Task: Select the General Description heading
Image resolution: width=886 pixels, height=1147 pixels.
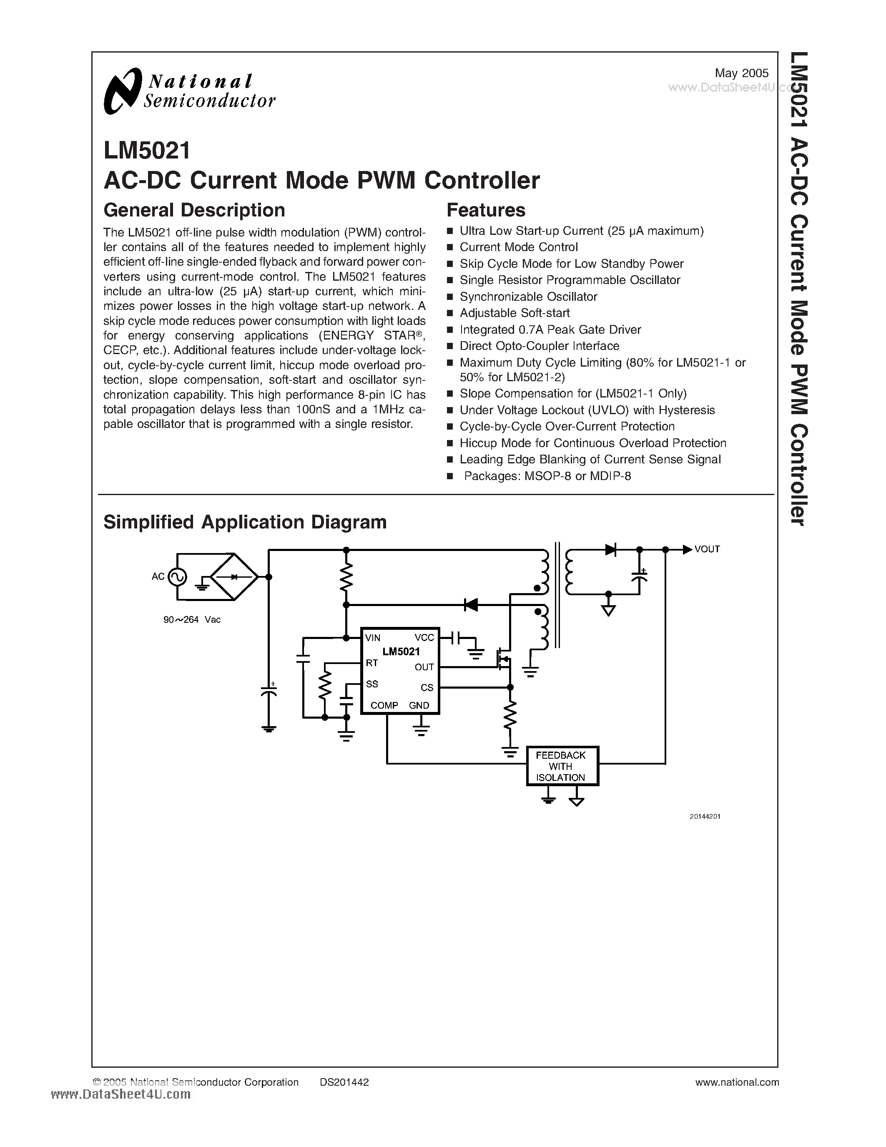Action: click(194, 210)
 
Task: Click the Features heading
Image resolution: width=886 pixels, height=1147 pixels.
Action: click(485, 210)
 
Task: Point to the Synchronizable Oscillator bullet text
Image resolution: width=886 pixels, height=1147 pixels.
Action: click(528, 297)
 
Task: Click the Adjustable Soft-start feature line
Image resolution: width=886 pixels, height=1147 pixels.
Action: click(515, 313)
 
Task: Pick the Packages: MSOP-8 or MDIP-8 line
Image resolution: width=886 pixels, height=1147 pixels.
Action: click(547, 476)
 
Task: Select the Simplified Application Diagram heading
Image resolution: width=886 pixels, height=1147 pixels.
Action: click(245, 522)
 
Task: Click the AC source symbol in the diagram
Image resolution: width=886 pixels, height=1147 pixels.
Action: click(177, 577)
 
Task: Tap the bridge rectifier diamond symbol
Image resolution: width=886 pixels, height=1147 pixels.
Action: click(234, 577)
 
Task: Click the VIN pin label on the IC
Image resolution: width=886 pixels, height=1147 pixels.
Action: click(373, 638)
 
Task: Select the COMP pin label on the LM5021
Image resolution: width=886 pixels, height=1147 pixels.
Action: click(384, 705)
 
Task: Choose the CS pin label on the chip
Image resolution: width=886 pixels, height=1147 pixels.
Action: click(427, 687)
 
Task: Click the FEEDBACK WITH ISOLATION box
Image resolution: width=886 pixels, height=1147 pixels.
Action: click(562, 766)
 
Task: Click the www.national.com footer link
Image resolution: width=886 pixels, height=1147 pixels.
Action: click(736, 1082)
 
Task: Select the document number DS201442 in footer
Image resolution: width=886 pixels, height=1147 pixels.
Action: click(344, 1082)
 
